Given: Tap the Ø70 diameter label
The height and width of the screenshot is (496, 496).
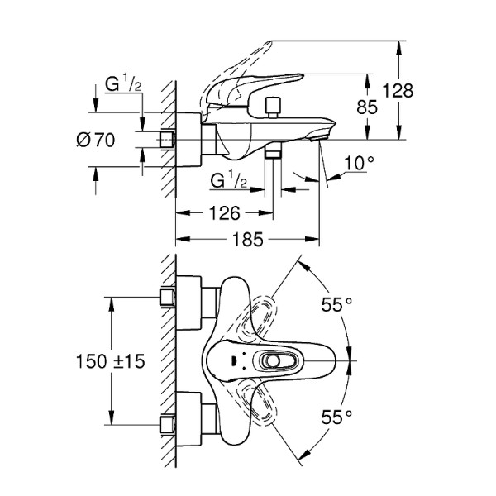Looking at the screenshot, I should click(94, 141).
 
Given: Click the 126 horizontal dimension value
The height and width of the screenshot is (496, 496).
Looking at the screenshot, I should click(224, 213).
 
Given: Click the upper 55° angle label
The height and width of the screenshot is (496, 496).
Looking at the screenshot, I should click(336, 304).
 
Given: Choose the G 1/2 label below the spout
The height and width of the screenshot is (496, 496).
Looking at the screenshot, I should click(227, 179).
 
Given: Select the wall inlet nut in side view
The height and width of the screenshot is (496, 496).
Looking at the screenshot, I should click(169, 140).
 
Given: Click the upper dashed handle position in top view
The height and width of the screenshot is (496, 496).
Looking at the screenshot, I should click(263, 316).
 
